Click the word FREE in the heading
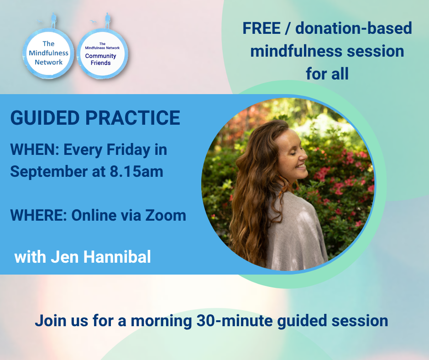pos(262,28)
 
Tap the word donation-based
pos(354,28)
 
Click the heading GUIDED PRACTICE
pos(95,118)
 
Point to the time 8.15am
pos(136,171)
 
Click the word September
pos(49,172)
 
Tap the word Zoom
pos(166,215)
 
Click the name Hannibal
pos(117,257)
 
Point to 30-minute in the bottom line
pos(235,321)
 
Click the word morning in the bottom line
pos(161,321)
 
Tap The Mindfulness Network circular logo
pos(48,53)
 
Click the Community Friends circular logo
pos(102,53)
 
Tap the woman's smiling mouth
pos(301,166)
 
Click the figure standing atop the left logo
pos(54,20)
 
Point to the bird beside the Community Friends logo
pos(93,21)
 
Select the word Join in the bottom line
pos(51,321)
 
